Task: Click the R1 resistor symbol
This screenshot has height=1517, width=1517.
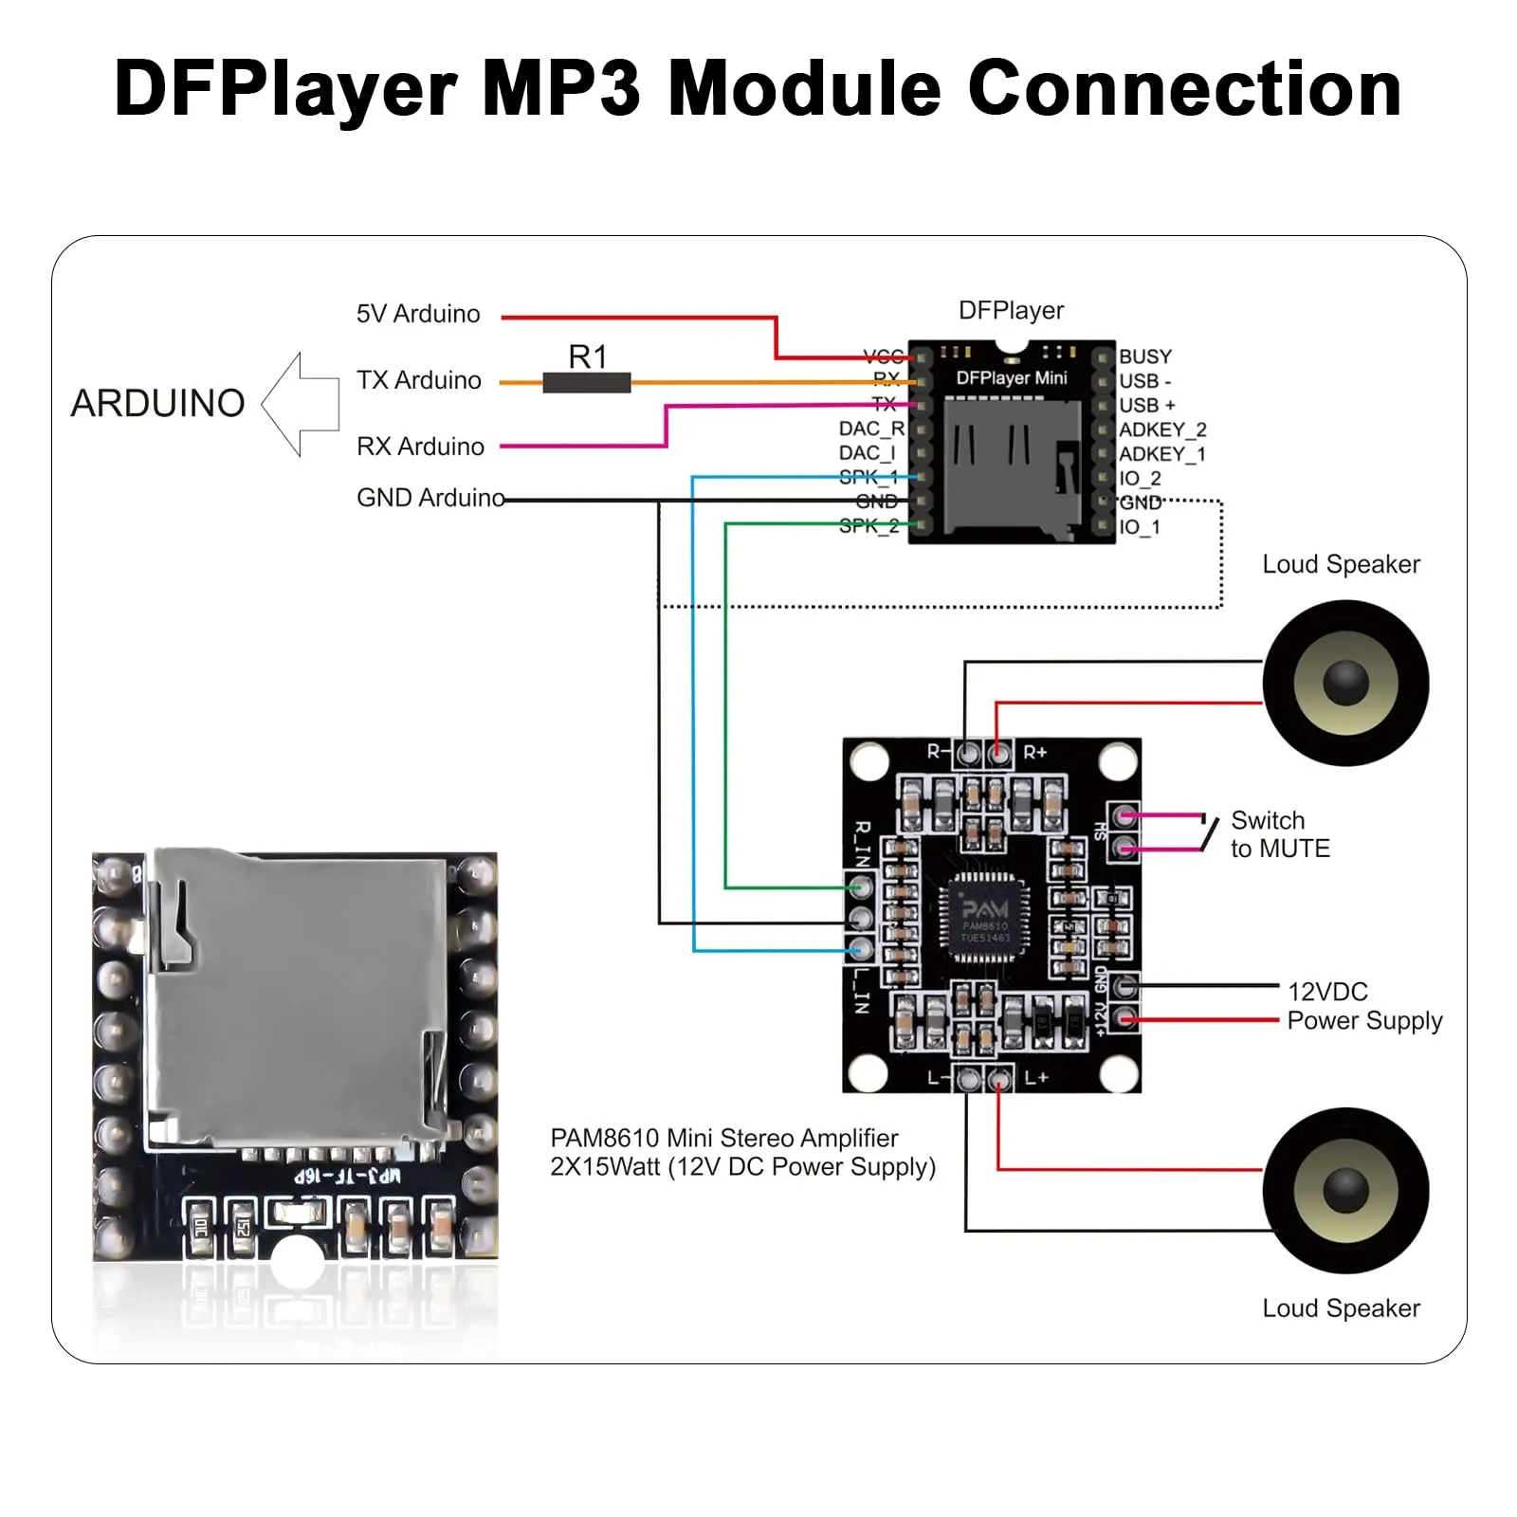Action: point(586,383)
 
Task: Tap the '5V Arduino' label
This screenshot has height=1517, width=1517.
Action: point(418,314)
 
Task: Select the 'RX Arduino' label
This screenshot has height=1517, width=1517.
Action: point(420,447)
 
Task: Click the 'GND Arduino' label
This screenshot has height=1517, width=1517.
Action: point(430,498)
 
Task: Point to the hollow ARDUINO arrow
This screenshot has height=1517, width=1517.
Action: point(302,404)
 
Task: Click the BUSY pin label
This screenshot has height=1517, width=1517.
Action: point(1145,356)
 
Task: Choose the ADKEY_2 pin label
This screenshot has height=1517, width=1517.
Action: point(1162,430)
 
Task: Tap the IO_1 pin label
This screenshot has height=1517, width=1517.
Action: point(1140,527)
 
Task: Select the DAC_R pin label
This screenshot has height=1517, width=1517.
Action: point(871,429)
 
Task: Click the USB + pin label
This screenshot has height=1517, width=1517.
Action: point(1147,405)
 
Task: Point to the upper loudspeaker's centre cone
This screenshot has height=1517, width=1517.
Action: point(1345,683)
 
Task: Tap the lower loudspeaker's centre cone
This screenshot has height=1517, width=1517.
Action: point(1345,1190)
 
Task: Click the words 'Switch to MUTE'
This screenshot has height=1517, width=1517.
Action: point(1280,834)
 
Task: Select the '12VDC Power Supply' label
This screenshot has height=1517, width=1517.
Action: point(1363,1006)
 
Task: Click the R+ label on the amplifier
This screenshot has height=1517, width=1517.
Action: point(1034,753)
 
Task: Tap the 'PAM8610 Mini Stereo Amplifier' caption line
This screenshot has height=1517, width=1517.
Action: point(724,1138)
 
